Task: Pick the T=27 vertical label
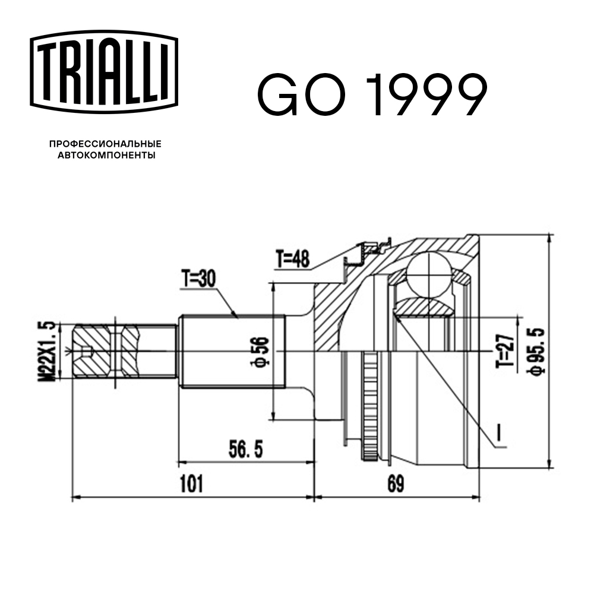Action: pyautogui.click(x=505, y=352)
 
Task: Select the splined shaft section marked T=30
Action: pyautogui.click(x=232, y=352)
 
